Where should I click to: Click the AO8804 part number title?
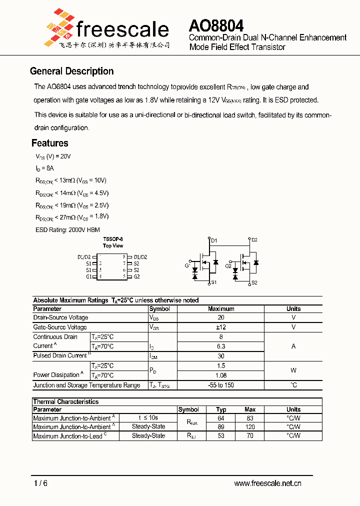(216, 25)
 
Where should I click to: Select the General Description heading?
(71, 71)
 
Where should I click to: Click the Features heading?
(50, 143)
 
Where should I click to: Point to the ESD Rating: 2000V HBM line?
(67, 229)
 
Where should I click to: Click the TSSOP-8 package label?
(113, 239)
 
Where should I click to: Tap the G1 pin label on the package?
(88, 276)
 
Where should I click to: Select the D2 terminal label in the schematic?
(254, 240)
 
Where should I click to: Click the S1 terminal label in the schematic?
(213, 283)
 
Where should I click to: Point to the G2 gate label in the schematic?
(228, 265)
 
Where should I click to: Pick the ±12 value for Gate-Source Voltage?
(221, 327)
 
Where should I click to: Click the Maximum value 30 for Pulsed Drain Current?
(221, 355)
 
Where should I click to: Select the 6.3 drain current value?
(221, 346)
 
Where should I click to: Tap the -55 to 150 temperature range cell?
(221, 385)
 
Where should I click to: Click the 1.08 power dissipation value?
(221, 375)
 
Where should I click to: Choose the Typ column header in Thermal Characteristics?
(221, 409)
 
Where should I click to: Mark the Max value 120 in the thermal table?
(250, 427)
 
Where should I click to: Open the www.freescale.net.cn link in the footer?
(267, 483)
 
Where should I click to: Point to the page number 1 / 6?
(41, 483)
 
